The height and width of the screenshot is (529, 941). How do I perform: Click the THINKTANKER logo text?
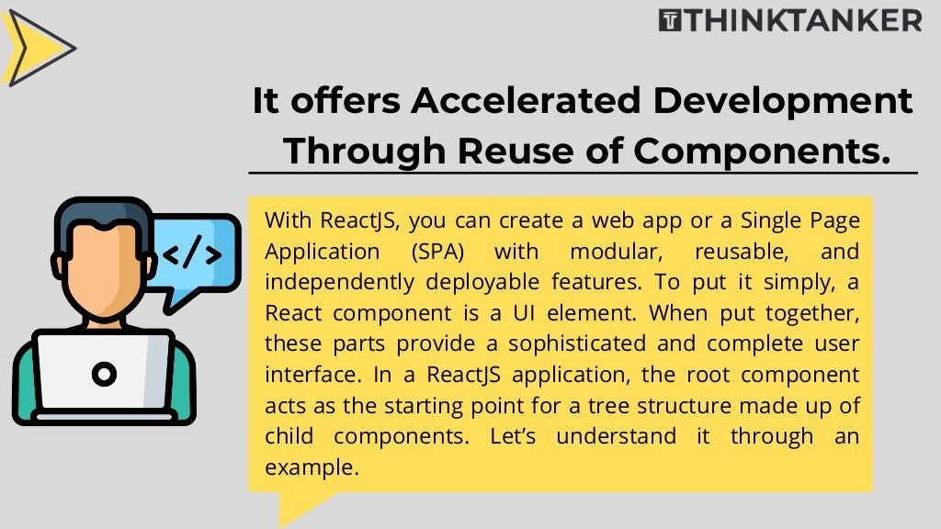[x=801, y=19]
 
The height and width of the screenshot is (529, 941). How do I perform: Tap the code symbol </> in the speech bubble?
[x=191, y=253]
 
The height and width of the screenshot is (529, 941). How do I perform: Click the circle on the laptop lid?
[x=104, y=373]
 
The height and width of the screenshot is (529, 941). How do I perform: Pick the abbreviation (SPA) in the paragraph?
[x=436, y=252]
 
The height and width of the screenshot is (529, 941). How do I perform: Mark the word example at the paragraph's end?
[x=311, y=467]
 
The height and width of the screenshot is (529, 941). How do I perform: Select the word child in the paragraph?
[x=289, y=435]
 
